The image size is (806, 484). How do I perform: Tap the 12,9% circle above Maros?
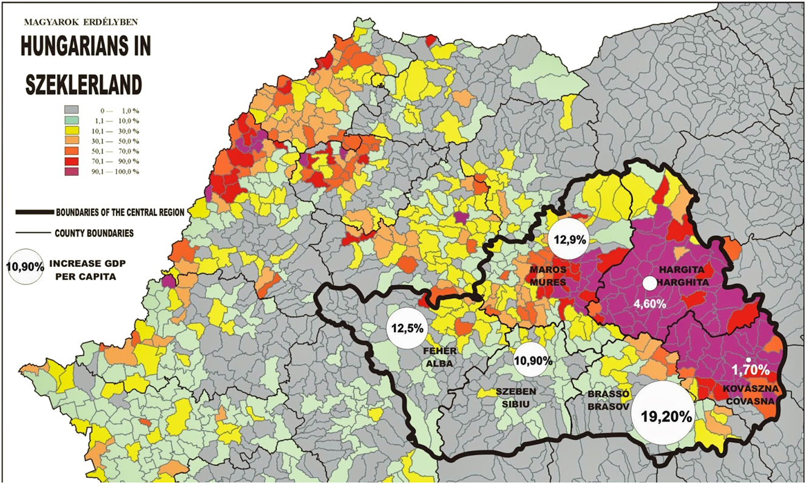568,239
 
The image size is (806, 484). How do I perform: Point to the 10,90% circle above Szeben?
533,360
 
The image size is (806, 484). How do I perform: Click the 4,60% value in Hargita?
649,304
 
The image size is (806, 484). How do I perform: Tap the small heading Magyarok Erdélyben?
81,22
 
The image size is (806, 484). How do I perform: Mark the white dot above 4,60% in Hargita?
649,283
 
